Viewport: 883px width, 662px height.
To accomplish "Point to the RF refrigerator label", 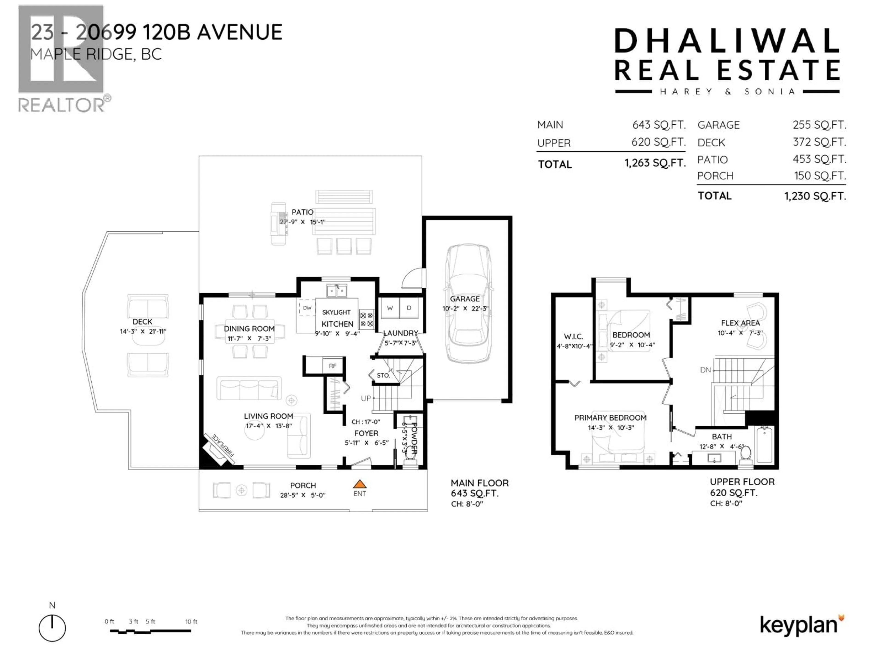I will [333, 365].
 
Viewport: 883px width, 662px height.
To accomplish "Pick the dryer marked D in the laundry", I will [409, 308].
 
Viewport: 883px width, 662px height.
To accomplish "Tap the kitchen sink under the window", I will [336, 291].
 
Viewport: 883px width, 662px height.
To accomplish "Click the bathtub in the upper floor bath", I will [764, 444].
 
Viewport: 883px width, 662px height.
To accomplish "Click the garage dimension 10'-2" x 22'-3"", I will [465, 308].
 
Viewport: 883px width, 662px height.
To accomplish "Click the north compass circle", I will [52, 628].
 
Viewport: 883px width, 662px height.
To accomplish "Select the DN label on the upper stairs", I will [705, 370].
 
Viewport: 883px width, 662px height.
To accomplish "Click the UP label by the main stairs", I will [366, 398].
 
